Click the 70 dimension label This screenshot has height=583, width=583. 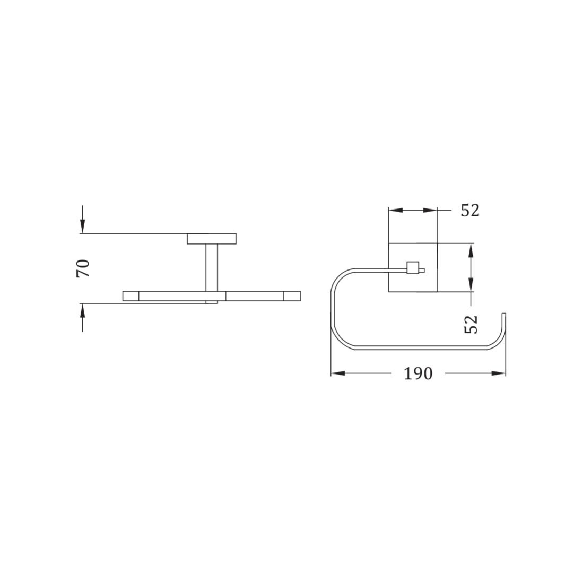[x=83, y=268]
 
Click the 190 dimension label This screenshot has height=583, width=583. [x=419, y=373]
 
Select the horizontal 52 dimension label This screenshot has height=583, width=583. [x=470, y=211]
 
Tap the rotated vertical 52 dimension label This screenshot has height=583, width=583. [x=471, y=324]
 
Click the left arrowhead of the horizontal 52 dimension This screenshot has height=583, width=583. [x=396, y=211]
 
